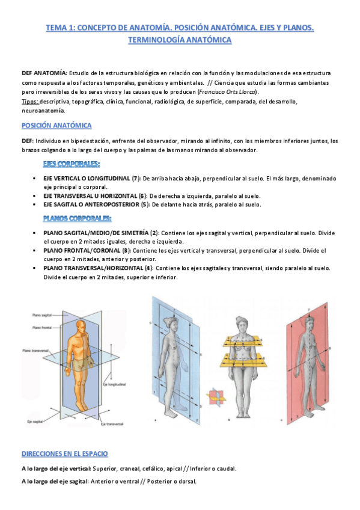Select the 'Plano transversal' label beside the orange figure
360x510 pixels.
coord(34,349)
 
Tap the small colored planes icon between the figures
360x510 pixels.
coord(215,398)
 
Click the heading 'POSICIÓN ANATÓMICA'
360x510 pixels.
coord(56,126)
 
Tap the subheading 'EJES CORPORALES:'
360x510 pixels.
coord(71,164)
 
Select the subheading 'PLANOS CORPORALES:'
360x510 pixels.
coord(77,218)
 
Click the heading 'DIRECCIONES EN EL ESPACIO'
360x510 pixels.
coord(64,453)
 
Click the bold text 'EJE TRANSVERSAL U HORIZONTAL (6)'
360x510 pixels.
coord(95,196)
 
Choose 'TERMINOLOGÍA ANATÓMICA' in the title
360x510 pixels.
coord(180,40)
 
